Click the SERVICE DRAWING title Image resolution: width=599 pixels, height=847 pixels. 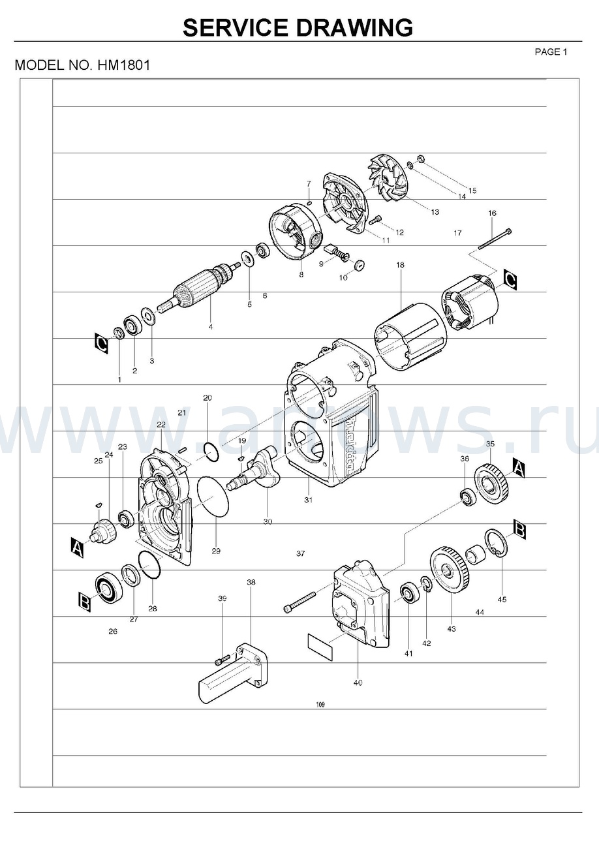point(298,28)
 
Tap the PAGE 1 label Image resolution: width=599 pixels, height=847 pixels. point(551,52)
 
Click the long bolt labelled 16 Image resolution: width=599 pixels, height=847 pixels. point(495,239)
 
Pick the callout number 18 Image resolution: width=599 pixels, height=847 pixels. point(400,265)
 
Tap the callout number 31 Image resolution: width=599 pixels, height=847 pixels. point(308,500)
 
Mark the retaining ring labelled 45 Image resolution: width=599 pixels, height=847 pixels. point(497,544)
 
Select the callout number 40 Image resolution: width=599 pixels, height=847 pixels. point(358,683)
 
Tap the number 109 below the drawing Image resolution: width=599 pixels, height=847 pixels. point(320,705)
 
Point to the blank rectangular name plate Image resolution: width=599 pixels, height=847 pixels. point(320,646)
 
